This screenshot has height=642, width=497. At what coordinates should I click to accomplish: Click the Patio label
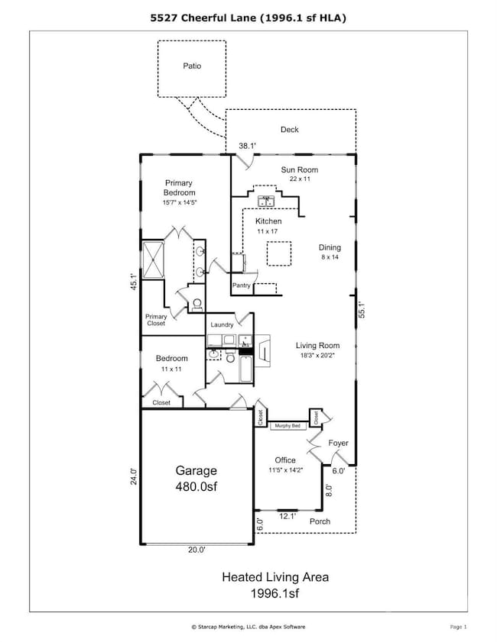(192, 66)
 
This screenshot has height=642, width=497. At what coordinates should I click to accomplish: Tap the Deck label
(289, 130)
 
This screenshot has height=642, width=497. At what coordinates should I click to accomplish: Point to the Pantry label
(242, 286)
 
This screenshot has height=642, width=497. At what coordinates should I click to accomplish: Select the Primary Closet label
(156, 319)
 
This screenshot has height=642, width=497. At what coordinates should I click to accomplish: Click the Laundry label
(222, 325)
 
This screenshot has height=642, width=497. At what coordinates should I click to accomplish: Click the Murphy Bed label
(287, 426)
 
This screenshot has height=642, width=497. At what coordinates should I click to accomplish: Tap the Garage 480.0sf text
(198, 478)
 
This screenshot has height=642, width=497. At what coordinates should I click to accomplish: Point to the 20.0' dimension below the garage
(198, 549)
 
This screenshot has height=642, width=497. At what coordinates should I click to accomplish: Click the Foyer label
(339, 443)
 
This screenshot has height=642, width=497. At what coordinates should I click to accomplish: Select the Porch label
(320, 522)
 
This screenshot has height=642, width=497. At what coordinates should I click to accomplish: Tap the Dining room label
(330, 247)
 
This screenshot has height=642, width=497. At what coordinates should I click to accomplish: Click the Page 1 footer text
(458, 626)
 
